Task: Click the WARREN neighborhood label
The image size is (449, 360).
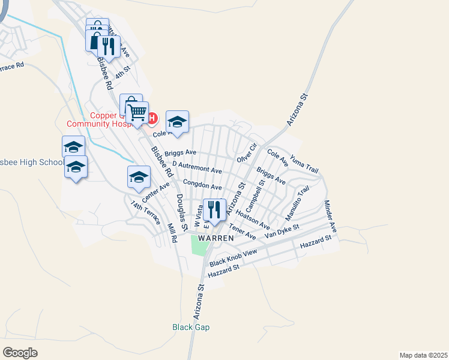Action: [x=215, y=238]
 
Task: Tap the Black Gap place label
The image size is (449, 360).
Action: [x=190, y=327]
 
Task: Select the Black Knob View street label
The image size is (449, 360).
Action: [x=233, y=257]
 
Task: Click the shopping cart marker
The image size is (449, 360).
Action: [x=137, y=112]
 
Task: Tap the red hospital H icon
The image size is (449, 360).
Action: [x=152, y=118]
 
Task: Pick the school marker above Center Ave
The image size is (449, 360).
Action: [x=138, y=177]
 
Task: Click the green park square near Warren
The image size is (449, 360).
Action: [x=200, y=244]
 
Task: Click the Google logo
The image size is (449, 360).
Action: [x=20, y=352]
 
